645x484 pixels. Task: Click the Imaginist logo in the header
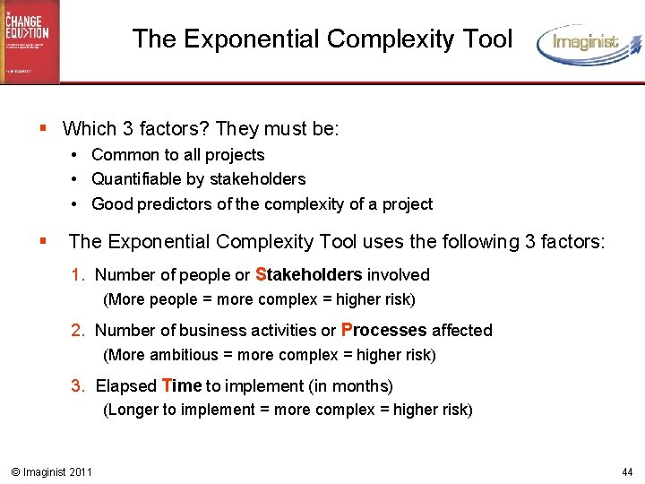588,43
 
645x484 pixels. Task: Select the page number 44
626,471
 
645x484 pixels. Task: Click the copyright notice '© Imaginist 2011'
51,471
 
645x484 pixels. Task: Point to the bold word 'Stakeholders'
308,274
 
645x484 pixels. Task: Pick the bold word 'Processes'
384,330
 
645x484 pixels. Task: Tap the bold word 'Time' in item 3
182,385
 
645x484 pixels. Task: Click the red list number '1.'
80,275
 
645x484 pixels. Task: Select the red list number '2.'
80,331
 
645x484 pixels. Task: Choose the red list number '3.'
80,386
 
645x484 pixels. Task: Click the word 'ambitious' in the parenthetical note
183,354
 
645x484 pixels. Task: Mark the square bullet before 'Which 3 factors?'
44,129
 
